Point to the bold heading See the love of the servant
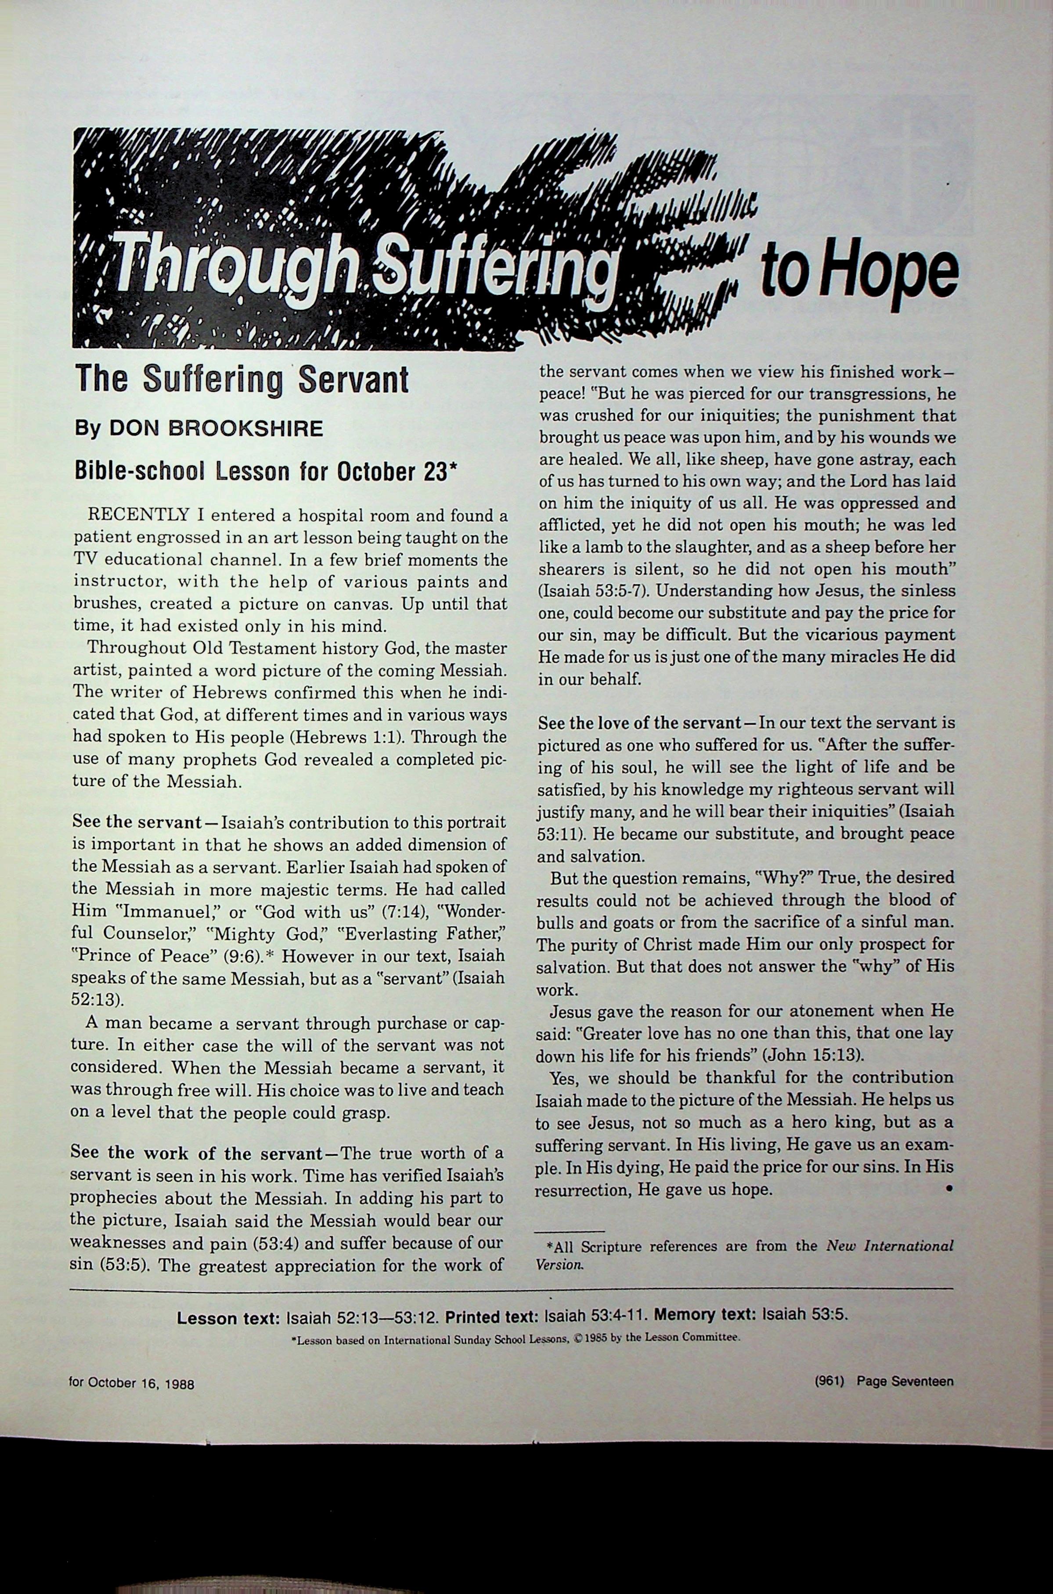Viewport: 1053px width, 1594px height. pyautogui.click(x=638, y=724)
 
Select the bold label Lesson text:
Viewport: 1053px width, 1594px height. pyautogui.click(x=228, y=1318)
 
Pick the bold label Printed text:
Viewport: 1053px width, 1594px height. pyautogui.click(x=493, y=1316)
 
